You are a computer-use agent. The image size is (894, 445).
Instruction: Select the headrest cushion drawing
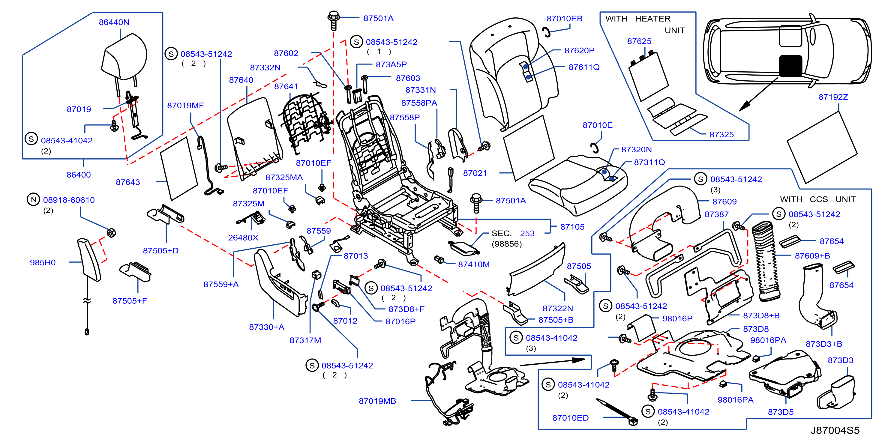(124, 57)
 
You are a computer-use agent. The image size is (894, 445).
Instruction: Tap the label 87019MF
(185, 106)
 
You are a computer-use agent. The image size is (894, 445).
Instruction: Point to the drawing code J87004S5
(835, 430)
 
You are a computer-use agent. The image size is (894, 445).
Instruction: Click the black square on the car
(790, 66)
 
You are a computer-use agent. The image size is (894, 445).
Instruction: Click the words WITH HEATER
(637, 19)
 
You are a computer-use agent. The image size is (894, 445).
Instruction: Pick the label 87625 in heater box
(639, 41)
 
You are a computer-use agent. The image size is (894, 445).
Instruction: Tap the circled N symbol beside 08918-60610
(33, 199)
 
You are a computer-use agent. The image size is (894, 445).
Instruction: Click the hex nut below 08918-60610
(111, 232)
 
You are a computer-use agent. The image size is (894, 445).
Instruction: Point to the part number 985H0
(43, 263)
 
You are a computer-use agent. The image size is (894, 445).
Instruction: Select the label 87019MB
(377, 401)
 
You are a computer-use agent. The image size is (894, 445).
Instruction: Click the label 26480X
(243, 237)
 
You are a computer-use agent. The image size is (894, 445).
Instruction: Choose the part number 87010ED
(570, 418)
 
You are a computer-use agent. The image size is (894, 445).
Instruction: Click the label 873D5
(781, 412)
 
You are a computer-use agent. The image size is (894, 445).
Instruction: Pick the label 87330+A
(266, 327)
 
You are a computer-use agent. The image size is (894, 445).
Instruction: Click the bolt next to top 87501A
(334, 21)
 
